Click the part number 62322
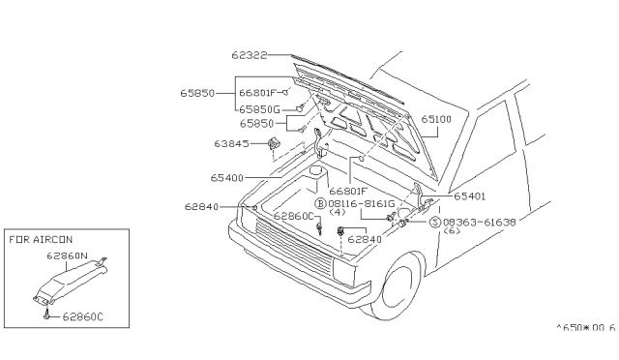tap(250, 55)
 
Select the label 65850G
tap(259, 109)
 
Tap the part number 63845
tap(232, 143)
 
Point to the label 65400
tap(227, 178)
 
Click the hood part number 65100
tap(436, 119)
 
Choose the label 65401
tap(470, 196)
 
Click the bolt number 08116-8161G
tap(361, 203)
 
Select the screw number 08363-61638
tap(480, 222)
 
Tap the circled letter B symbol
tap(320, 203)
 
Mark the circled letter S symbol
tap(435, 222)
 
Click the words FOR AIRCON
tap(41, 239)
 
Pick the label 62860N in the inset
tap(67, 255)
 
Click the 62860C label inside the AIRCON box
tap(83, 316)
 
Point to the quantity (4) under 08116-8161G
tap(337, 212)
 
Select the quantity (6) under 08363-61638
tap(452, 230)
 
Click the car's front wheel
tap(398, 285)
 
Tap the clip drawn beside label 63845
tap(273, 143)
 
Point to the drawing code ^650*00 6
tap(586, 328)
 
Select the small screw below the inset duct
tap(47, 315)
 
